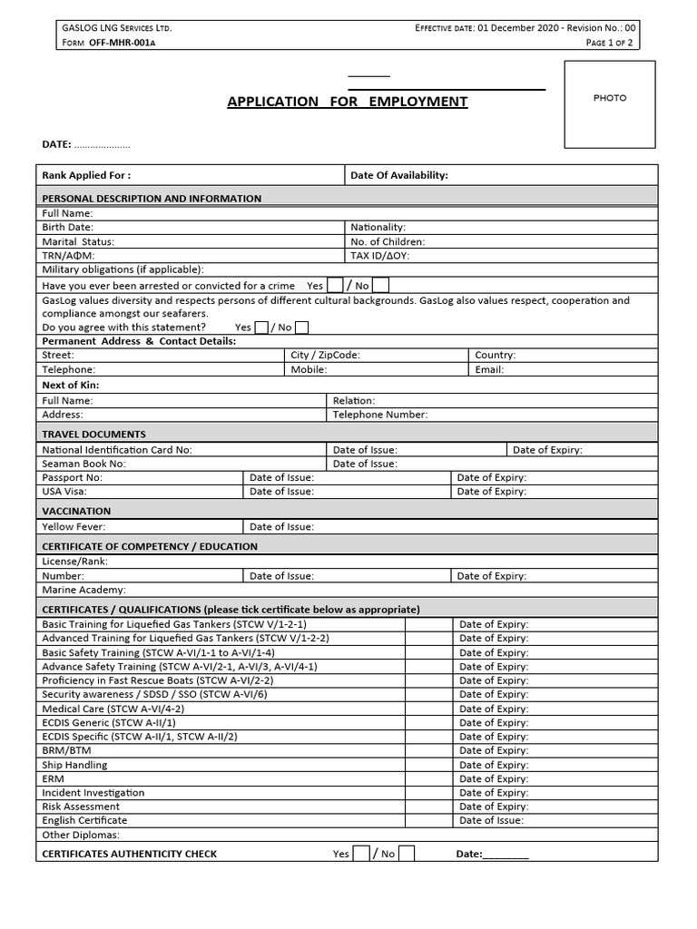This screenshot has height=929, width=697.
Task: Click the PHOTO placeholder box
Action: tap(610, 103)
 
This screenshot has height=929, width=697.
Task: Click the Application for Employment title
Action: tap(347, 102)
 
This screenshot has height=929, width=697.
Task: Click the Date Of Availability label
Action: tap(399, 175)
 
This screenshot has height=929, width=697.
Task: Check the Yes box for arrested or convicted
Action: tap(335, 285)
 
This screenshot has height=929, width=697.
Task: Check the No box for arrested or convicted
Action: tap(381, 285)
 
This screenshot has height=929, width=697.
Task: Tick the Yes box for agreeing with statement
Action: tap(261, 328)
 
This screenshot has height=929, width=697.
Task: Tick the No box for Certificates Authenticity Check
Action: tap(407, 853)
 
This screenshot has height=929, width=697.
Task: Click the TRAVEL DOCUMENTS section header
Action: tap(93, 435)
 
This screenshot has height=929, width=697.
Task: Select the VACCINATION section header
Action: tap(76, 512)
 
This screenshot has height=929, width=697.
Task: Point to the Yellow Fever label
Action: tap(74, 527)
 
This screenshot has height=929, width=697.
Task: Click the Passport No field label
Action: tap(73, 477)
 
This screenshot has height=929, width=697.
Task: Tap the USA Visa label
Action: tap(64, 492)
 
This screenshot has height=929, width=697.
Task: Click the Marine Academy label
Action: tap(83, 590)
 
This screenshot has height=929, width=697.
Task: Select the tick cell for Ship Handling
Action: tap(428, 765)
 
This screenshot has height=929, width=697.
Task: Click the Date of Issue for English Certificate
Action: tap(491, 820)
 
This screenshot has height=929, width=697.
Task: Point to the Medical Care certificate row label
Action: tap(100, 709)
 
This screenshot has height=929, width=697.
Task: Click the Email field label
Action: tap(489, 370)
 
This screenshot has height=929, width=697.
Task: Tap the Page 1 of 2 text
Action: tap(612, 43)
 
